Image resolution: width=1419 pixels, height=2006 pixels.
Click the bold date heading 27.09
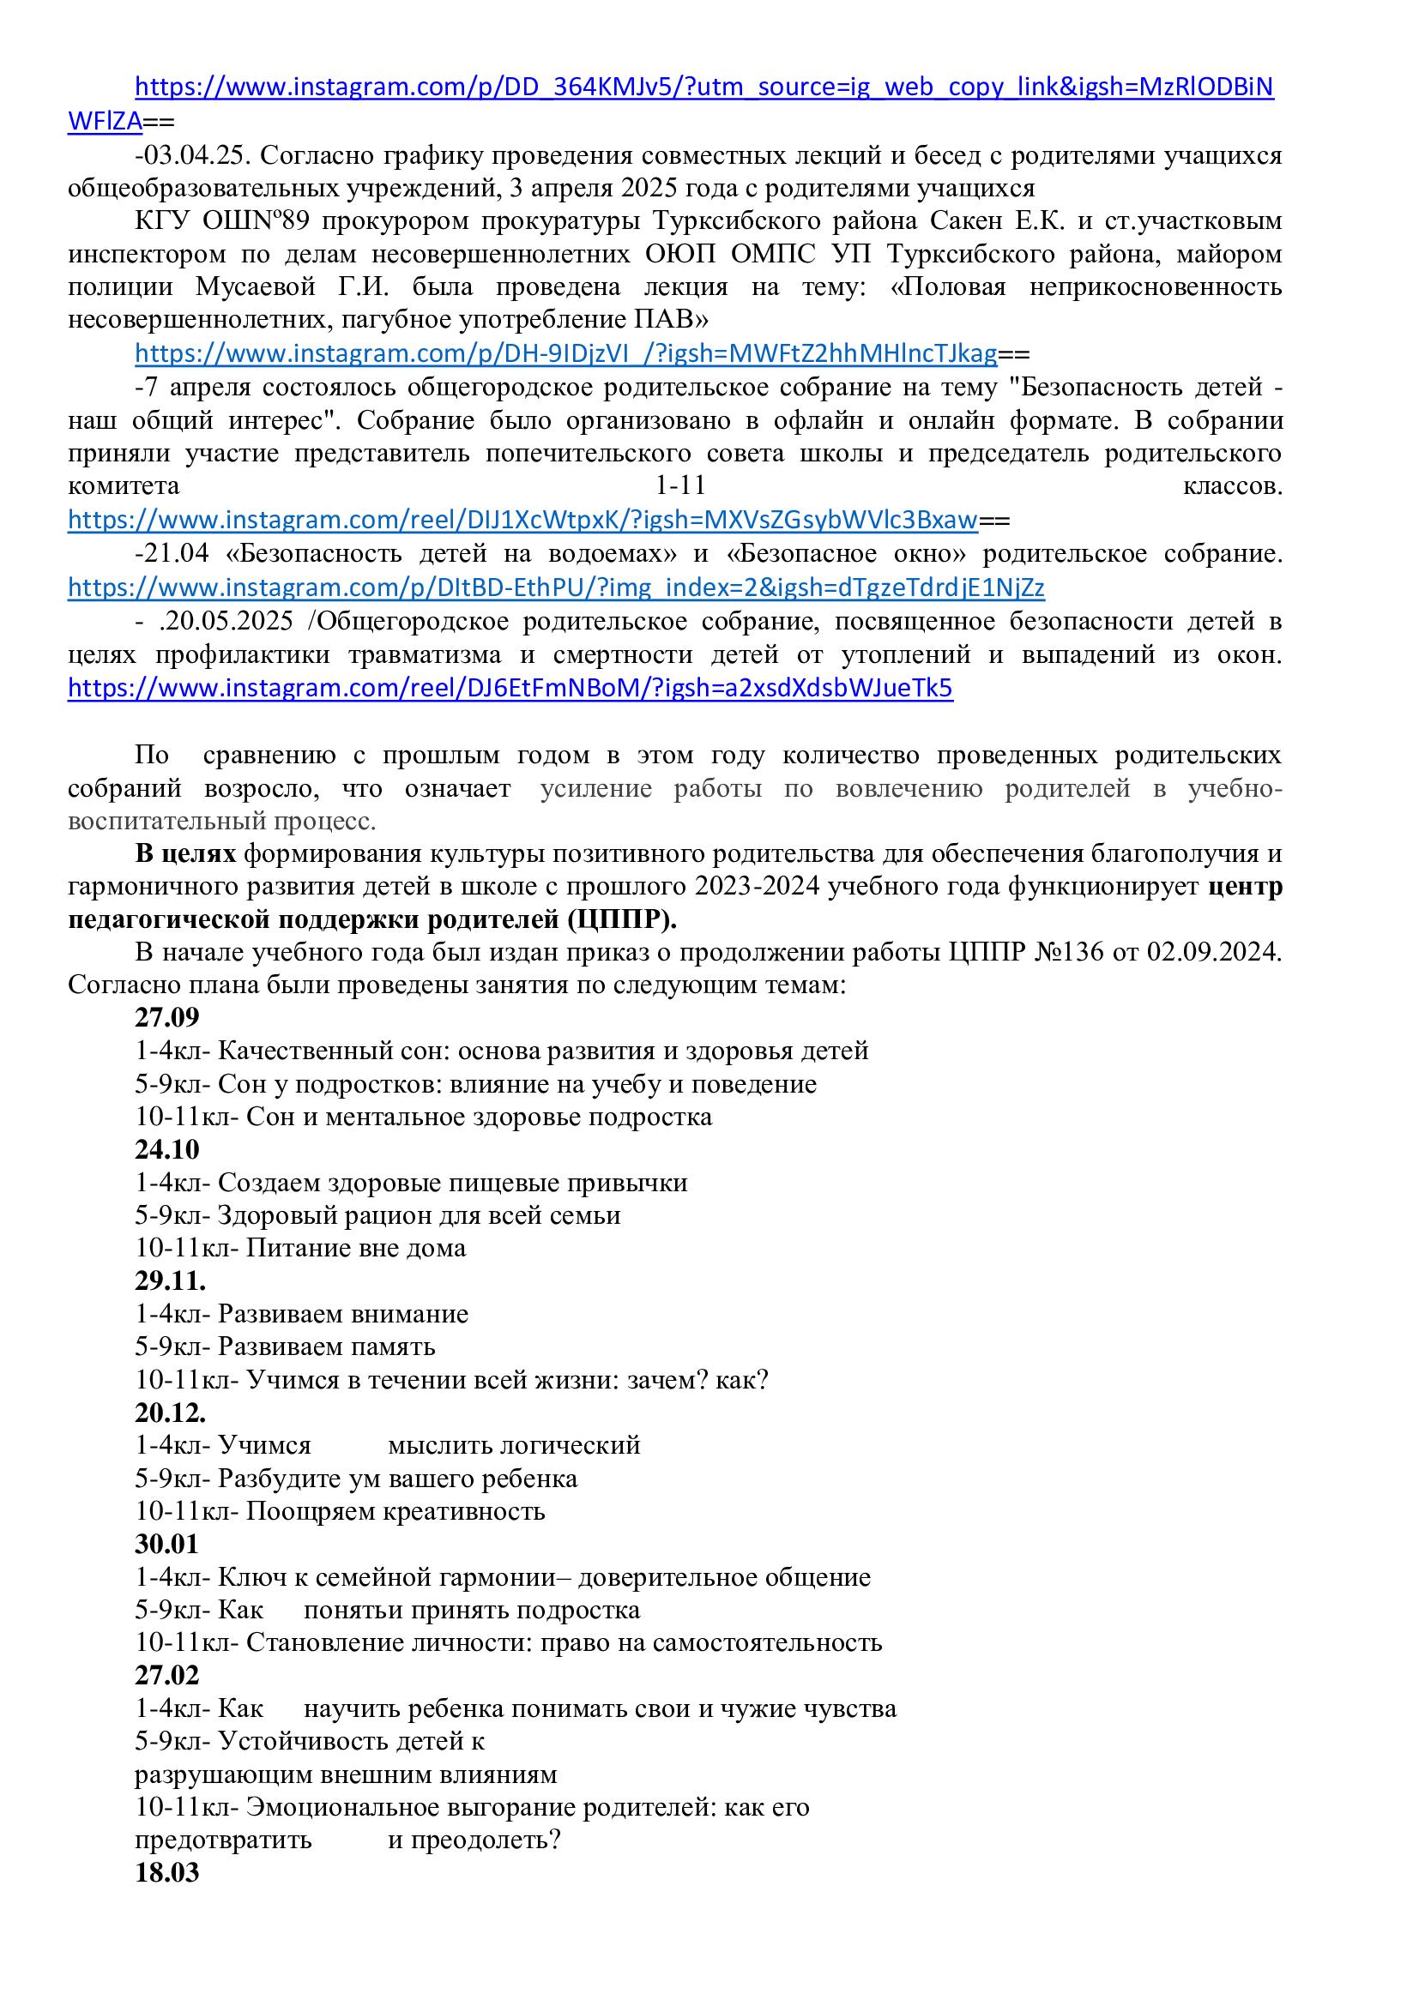point(167,1017)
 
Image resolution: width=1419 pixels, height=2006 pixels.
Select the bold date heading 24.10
point(167,1149)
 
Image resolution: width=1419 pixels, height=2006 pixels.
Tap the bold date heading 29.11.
point(171,1280)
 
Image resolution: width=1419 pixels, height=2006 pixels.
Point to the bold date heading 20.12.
point(171,1413)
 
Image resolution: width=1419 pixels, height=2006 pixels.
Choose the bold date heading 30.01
point(167,1544)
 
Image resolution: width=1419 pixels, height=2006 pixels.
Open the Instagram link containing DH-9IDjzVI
point(565,354)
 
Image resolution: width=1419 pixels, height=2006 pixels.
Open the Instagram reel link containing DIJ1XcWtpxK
point(522,521)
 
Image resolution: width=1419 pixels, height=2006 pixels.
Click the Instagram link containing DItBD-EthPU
point(556,587)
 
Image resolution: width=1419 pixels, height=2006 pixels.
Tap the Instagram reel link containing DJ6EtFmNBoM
point(510,689)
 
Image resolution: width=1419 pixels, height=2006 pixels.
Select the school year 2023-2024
point(757,887)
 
